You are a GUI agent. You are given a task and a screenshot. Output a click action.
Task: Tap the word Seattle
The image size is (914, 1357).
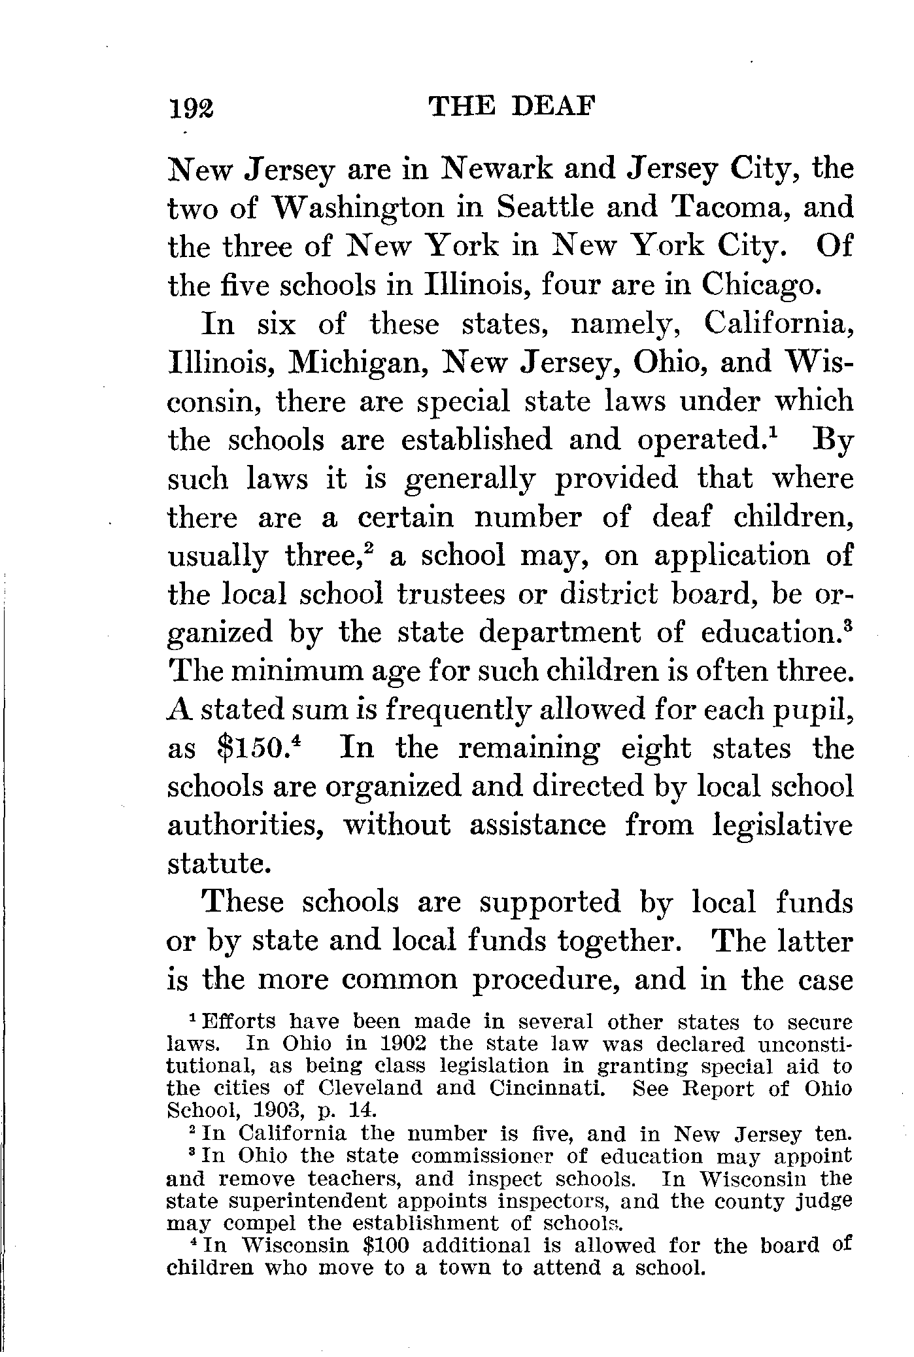[543, 208]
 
